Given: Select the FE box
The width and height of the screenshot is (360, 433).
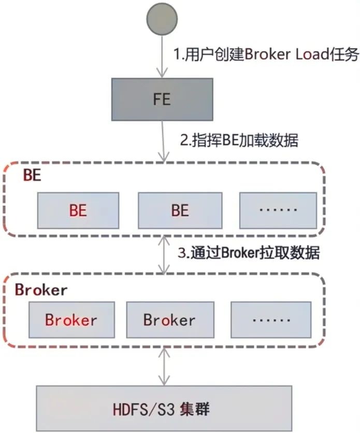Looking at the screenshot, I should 162,99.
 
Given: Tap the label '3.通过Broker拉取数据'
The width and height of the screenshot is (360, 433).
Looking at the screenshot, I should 249,253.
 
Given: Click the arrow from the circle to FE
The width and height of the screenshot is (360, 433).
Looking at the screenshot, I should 162,57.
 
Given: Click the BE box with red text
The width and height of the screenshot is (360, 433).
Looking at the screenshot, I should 78,211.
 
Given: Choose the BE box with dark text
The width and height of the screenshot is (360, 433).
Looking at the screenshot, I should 180,211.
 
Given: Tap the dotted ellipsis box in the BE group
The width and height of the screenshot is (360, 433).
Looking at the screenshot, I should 278,211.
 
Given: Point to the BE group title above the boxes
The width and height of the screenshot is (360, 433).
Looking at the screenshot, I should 32,175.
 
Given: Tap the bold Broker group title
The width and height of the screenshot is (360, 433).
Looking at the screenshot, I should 41,289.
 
